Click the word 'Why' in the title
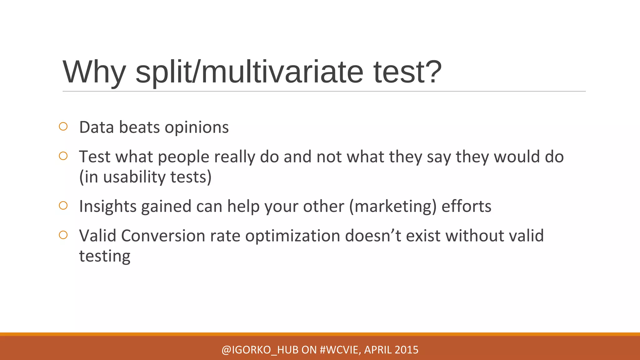tap(94, 72)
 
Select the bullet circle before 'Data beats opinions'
tap(63, 127)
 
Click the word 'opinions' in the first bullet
tap(197, 127)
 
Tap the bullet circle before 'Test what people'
tap(63, 156)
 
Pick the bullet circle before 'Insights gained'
tap(63, 205)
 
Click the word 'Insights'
tap(107, 207)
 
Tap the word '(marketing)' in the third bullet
tap(392, 207)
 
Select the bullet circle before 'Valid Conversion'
tap(63, 235)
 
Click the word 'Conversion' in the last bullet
tap(163, 236)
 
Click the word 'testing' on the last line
tap(105, 256)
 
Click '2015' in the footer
tap(406, 350)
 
